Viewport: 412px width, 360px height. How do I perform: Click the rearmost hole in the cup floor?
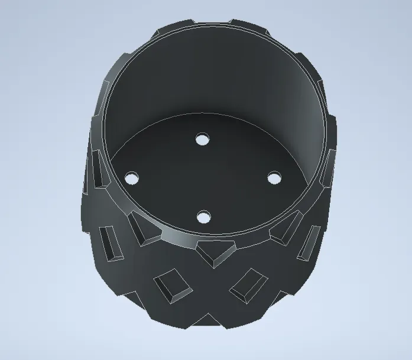pos(203,140)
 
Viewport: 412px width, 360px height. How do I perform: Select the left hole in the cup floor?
pos(131,177)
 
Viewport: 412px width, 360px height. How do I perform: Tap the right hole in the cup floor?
pos(274,177)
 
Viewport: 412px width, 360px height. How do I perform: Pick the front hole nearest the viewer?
pos(203,218)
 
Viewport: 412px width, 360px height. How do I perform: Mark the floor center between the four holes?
pos(203,178)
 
